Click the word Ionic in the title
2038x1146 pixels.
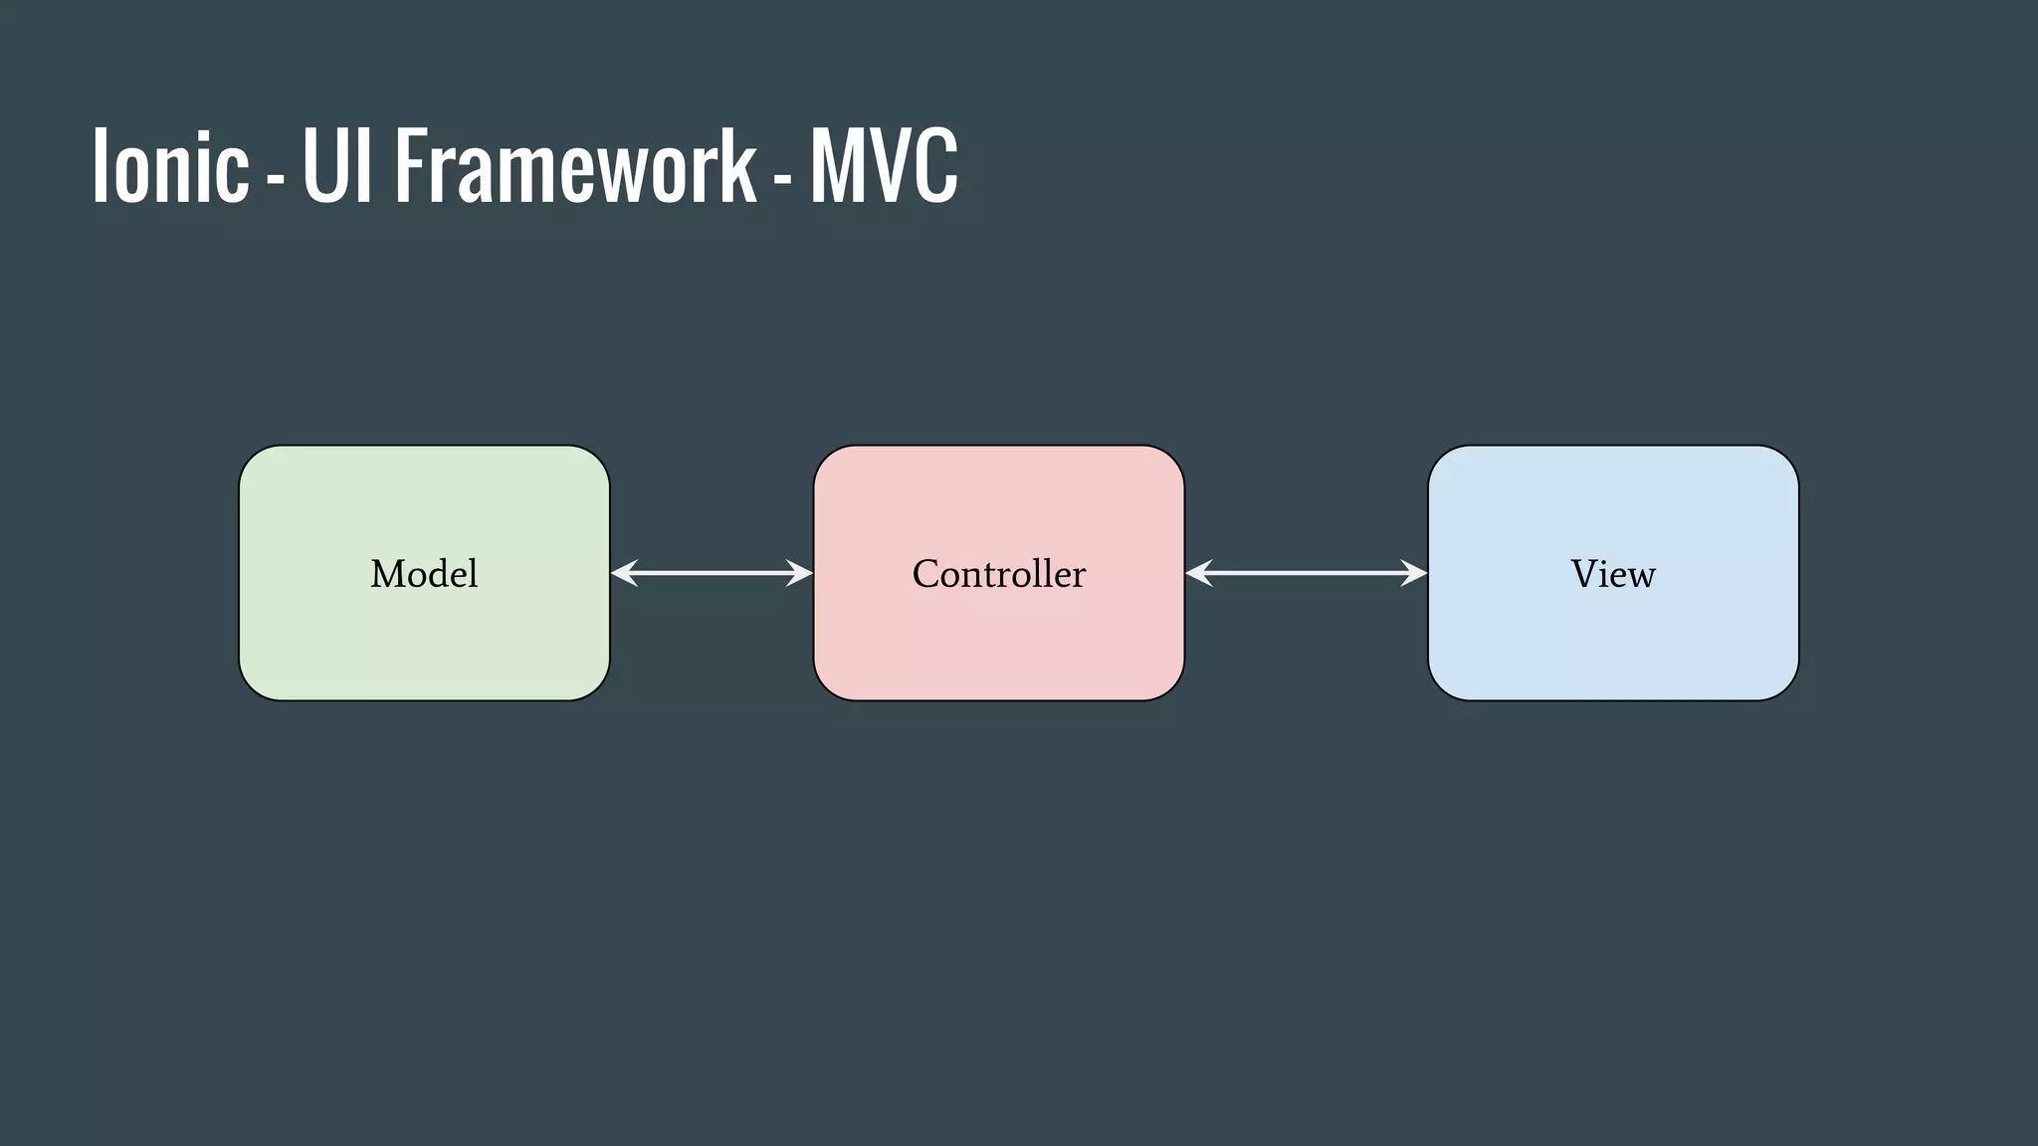point(170,166)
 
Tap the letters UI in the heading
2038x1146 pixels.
point(336,166)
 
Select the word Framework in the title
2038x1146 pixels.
point(575,166)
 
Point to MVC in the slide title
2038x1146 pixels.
point(884,166)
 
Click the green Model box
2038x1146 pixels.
point(424,637)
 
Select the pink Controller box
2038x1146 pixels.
point(998,637)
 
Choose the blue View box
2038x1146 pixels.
point(1612,637)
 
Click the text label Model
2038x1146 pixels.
point(424,574)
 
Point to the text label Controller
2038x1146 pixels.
point(998,574)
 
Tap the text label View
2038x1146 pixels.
point(1612,574)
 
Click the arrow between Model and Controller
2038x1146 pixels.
point(712,573)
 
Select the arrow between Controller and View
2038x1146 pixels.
point(1306,573)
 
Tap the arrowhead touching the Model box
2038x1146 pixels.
point(624,573)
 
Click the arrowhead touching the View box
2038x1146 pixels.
point(1415,573)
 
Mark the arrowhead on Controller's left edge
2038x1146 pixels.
point(800,573)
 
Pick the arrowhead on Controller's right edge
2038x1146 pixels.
point(1198,573)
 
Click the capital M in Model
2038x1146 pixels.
point(386,574)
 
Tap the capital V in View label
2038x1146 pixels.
point(1584,574)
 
